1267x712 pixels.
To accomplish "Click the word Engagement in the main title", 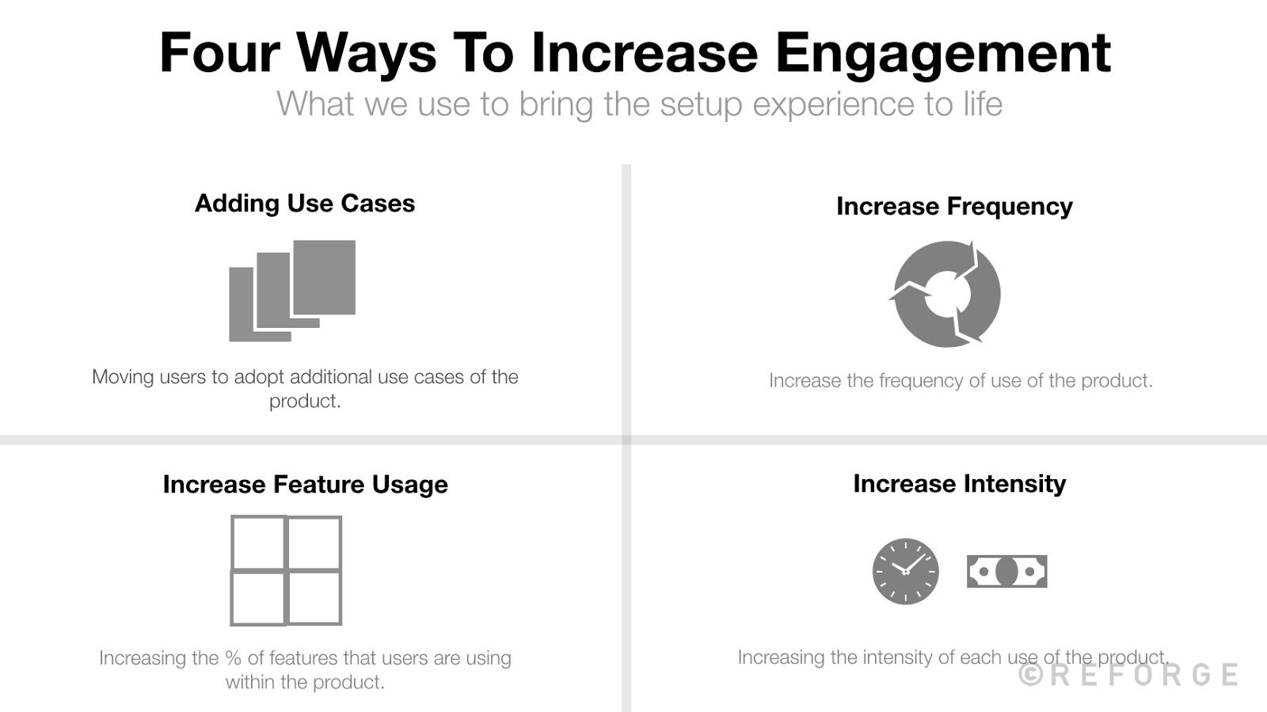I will click(942, 54).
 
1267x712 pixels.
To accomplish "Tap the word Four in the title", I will click(219, 54).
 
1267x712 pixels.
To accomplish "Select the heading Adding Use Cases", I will click(305, 204).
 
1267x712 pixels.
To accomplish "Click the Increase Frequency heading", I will click(954, 207).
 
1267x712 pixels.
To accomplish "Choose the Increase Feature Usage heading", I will click(305, 485).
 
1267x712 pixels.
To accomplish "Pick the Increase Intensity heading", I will click(959, 484).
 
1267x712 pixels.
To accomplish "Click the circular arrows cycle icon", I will click(946, 294).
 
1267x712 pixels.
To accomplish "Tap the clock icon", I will click(905, 571).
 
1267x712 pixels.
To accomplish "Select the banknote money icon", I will click(1006, 571).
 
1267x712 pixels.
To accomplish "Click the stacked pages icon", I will click(291, 290).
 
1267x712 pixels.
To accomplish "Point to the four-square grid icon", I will click(286, 570).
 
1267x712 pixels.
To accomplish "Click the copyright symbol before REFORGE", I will click(1030, 675).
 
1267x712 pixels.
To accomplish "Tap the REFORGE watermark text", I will click(1143, 675).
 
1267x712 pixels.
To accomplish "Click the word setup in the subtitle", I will click(701, 105).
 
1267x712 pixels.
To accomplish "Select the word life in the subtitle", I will click(982, 105).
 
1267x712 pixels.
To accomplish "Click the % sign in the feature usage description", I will click(233, 658).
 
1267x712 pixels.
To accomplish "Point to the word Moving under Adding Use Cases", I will click(123, 377).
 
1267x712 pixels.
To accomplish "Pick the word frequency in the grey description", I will click(920, 381).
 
